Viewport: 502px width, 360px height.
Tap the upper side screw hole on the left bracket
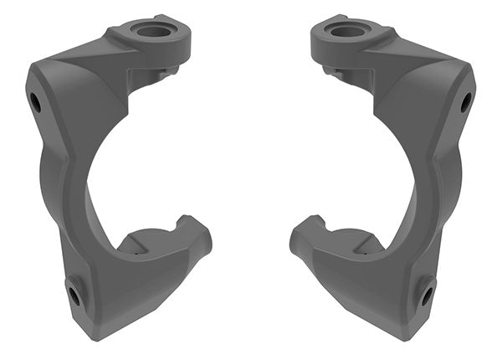[35, 102]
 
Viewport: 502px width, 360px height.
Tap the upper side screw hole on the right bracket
[466, 102]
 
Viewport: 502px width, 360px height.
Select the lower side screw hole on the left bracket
[74, 295]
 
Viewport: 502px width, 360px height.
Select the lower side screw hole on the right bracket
[428, 295]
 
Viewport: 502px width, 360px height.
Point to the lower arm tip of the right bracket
[299, 239]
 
